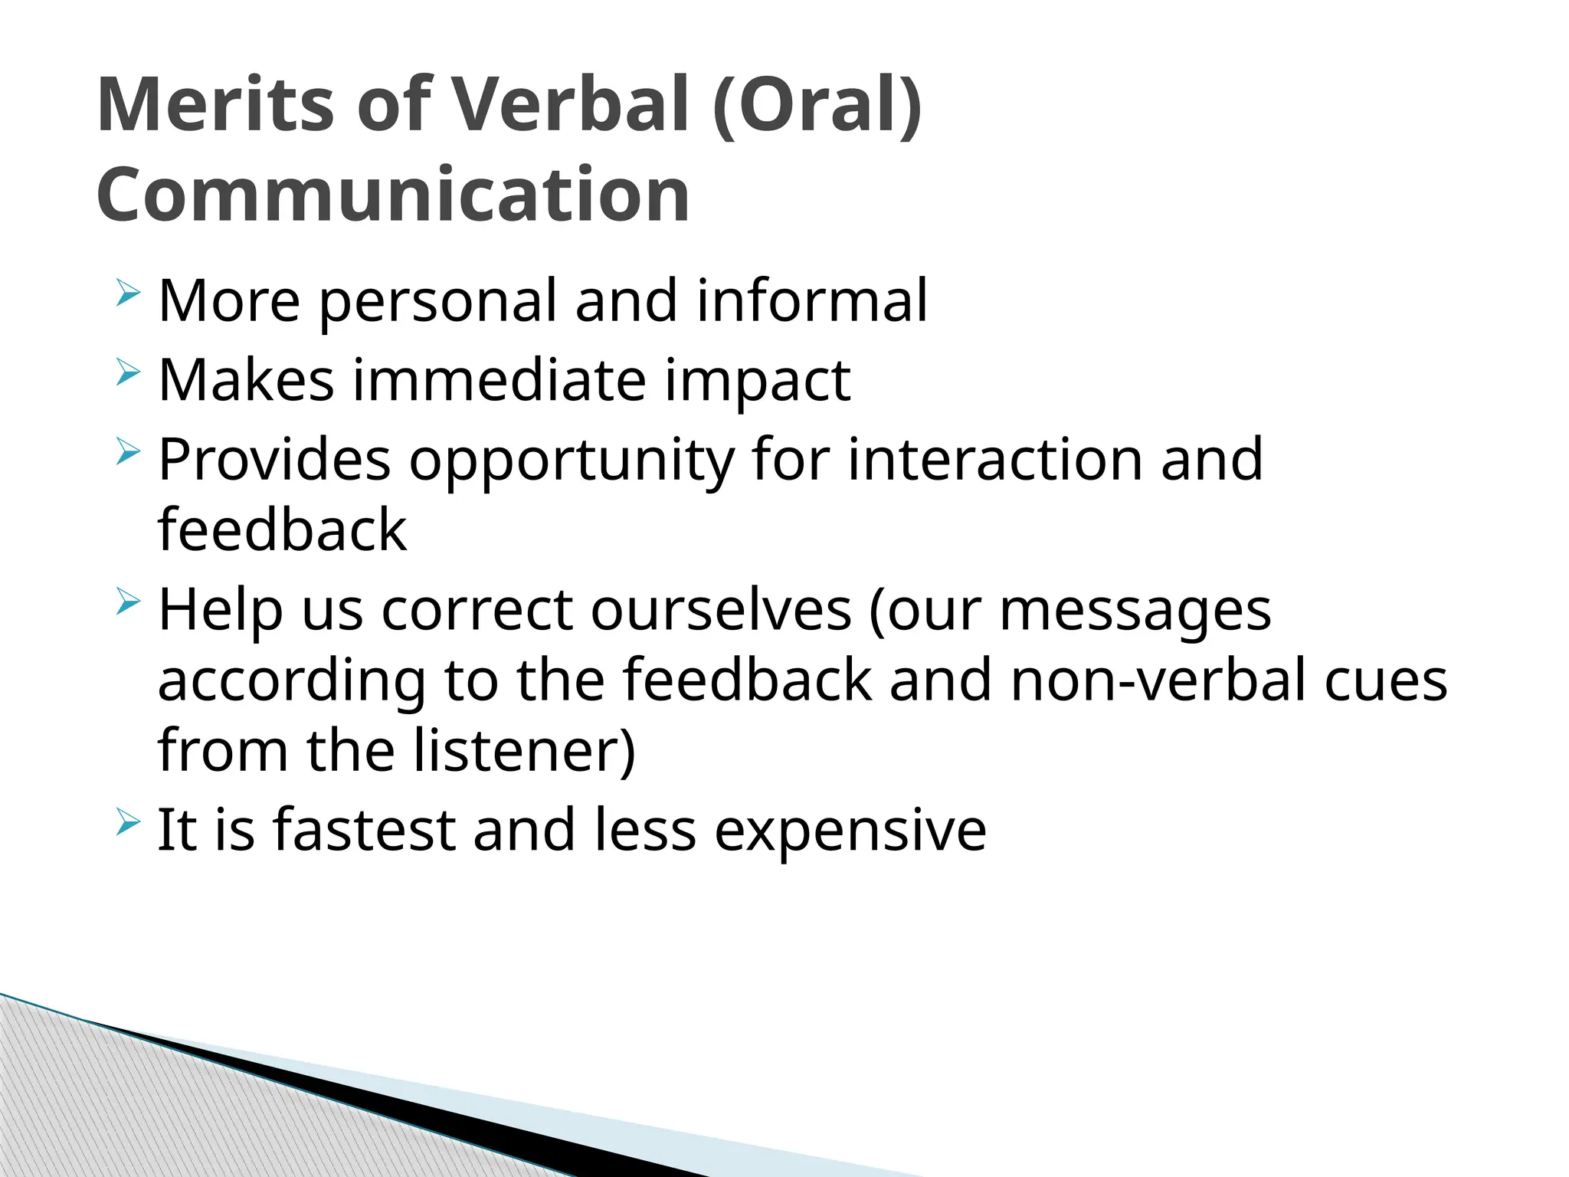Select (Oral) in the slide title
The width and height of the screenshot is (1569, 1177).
pyautogui.click(x=817, y=105)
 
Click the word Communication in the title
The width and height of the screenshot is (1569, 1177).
pyautogui.click(x=393, y=195)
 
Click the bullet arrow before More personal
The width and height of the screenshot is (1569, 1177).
pyautogui.click(x=129, y=294)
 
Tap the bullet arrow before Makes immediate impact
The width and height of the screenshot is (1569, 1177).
pyautogui.click(x=129, y=374)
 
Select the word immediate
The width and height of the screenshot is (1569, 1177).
pyautogui.click(x=499, y=380)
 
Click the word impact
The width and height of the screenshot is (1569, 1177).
pyautogui.click(x=757, y=382)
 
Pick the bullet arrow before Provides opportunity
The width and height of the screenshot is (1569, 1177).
pyautogui.click(x=129, y=452)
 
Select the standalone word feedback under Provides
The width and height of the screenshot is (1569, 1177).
pyautogui.click(x=282, y=529)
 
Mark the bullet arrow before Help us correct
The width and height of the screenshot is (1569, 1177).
pyautogui.click(x=129, y=602)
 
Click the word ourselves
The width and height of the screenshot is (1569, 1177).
pyautogui.click(x=721, y=610)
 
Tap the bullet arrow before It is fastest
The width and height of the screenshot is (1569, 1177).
pyautogui.click(x=129, y=824)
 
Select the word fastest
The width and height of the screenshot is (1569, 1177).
pyautogui.click(x=364, y=830)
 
